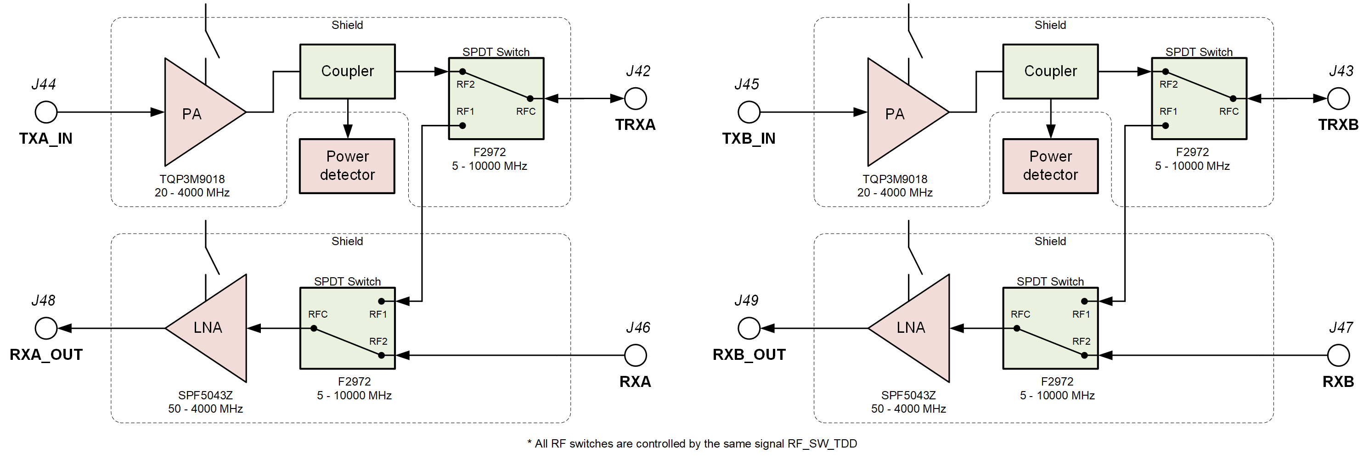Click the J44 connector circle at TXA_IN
click(46, 112)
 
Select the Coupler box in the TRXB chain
click(1050, 71)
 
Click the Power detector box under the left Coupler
click(347, 166)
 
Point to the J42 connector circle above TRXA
click(635, 98)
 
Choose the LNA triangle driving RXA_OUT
click(213, 328)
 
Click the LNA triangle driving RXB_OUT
click(916, 328)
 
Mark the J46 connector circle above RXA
click(635, 355)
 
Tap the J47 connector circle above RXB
click(1338, 355)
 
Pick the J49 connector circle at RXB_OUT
click(749, 328)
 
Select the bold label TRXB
click(1338, 125)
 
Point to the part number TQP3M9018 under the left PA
click(192, 179)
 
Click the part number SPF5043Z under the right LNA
click(908, 395)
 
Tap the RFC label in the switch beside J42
click(525, 112)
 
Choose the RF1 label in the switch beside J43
click(1168, 112)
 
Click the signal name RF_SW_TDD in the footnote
click(822, 443)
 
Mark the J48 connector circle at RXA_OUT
click(46, 328)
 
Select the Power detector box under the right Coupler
click(1050, 166)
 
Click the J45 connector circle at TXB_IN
click(749, 112)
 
